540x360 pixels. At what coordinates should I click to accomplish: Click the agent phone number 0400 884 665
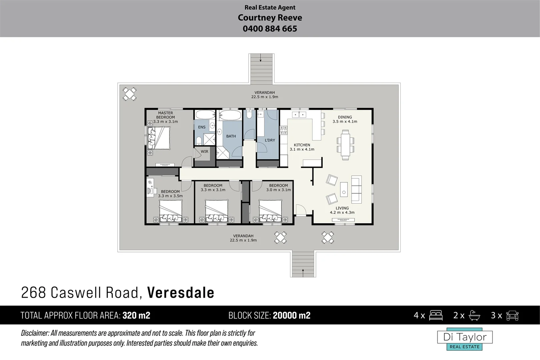(x=270, y=29)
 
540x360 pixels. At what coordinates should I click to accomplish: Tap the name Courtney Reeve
(x=270, y=18)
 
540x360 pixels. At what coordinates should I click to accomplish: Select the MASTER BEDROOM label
(x=165, y=115)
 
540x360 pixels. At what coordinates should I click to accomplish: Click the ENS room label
(x=202, y=127)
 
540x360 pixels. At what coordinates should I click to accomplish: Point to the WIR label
(x=204, y=151)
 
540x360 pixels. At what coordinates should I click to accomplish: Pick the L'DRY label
(x=270, y=140)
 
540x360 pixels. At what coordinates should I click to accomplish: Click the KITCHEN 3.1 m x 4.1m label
(x=302, y=147)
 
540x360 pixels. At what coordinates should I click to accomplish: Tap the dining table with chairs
(x=345, y=145)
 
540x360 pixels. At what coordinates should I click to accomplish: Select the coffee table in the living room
(x=344, y=189)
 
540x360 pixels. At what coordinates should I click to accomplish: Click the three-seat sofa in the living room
(x=356, y=189)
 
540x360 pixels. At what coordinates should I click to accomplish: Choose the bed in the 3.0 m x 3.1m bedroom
(x=270, y=211)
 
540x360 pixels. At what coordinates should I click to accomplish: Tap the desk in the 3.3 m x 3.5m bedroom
(x=151, y=187)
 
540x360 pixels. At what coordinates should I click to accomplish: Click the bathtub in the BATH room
(x=230, y=116)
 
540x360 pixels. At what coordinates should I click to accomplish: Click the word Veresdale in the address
(x=181, y=293)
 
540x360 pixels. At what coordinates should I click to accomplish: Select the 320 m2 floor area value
(x=136, y=315)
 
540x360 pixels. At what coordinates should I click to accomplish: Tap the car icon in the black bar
(x=512, y=315)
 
